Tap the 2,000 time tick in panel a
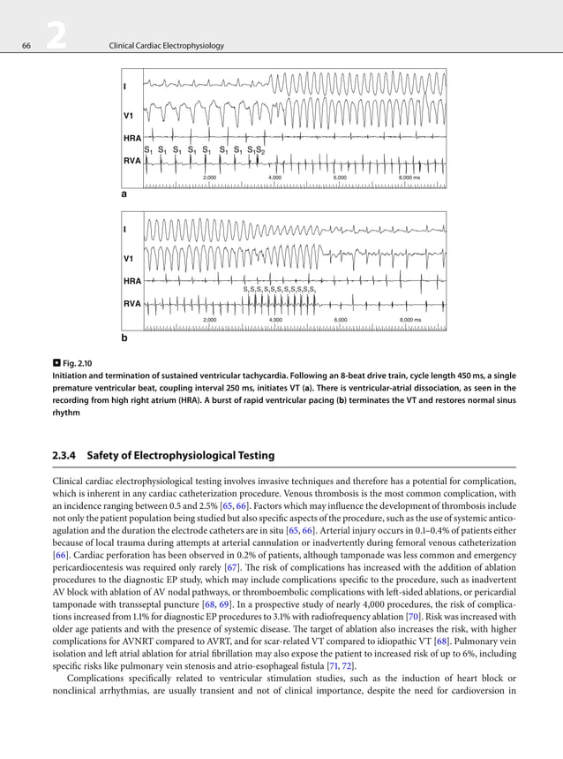pos(210,178)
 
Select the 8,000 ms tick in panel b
pos(410,319)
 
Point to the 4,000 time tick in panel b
pos(274,319)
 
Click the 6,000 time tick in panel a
pos(341,178)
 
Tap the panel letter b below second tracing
pos(124,338)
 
